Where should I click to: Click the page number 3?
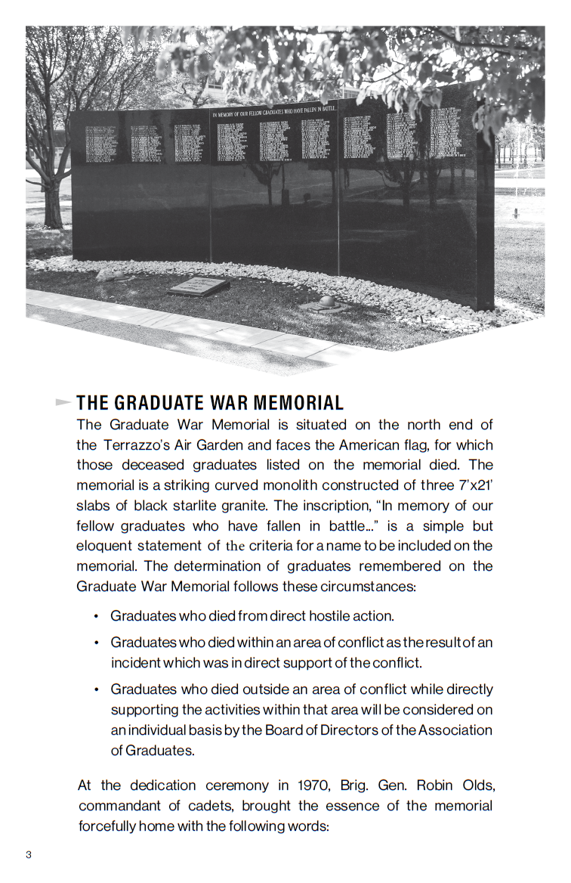coord(29,854)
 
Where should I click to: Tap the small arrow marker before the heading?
coord(63,402)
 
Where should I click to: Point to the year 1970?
coord(313,785)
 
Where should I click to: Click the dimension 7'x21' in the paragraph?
coord(469,485)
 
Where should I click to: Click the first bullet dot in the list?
coord(96,616)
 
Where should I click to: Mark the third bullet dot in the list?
coord(96,689)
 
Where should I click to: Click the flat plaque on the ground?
coord(199,286)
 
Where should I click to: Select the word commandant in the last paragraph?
coord(118,806)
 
